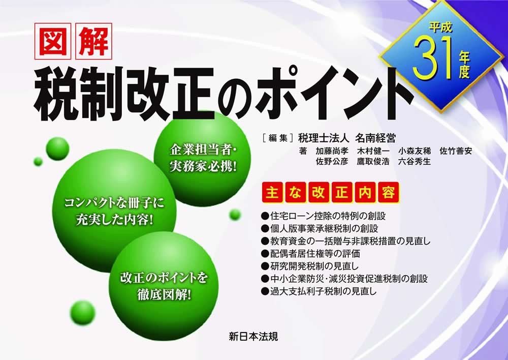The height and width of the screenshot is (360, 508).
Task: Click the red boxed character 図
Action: click(x=53, y=41)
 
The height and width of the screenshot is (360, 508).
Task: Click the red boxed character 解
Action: click(x=93, y=41)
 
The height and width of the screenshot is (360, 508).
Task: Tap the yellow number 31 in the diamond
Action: click(x=432, y=58)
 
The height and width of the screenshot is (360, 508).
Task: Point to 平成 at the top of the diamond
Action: click(x=440, y=27)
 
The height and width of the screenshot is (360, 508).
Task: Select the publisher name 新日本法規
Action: click(x=253, y=336)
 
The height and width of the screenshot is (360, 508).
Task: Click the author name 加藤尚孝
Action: click(x=332, y=151)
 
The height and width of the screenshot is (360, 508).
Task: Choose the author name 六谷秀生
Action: click(x=415, y=161)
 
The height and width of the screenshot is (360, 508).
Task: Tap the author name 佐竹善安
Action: click(x=456, y=151)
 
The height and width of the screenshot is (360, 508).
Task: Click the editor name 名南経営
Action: click(x=375, y=138)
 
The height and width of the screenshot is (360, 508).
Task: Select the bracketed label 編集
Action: click(x=278, y=138)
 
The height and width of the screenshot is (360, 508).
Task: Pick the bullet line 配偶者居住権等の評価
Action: click(x=311, y=253)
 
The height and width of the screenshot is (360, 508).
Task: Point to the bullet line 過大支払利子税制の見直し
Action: click(x=319, y=291)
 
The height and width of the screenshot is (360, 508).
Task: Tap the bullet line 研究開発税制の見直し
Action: click(x=310, y=266)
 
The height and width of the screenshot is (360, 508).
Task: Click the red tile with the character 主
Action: click(x=272, y=193)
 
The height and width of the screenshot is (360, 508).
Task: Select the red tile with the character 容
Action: click(x=388, y=193)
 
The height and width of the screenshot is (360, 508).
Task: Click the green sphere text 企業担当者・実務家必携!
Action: click(x=204, y=158)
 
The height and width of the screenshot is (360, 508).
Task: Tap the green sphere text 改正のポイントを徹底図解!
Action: click(x=164, y=286)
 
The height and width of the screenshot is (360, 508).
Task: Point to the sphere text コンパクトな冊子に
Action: click(x=114, y=203)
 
